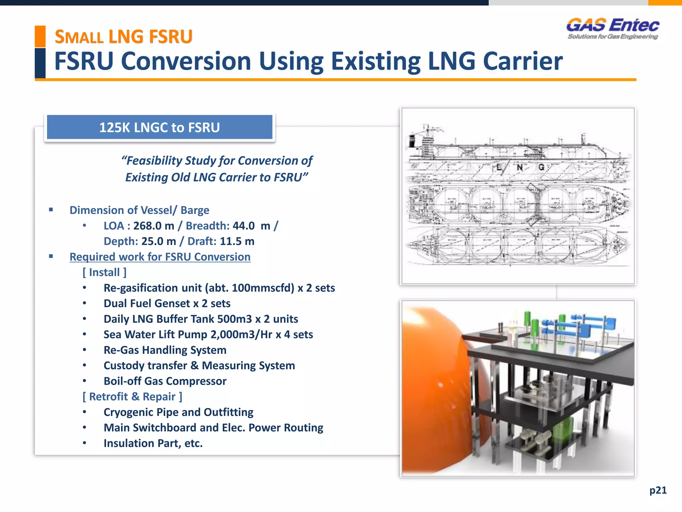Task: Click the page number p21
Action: pyautogui.click(x=658, y=490)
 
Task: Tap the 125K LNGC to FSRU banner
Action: pyautogui.click(x=160, y=127)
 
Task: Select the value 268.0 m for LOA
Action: pyautogui.click(x=154, y=226)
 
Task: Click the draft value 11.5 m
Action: pyautogui.click(x=237, y=241)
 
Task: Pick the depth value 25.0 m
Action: pyautogui.click(x=159, y=241)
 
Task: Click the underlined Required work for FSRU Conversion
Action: pyautogui.click(x=160, y=257)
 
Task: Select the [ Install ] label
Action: pyautogui.click(x=104, y=272)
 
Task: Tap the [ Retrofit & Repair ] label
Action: pyautogui.click(x=132, y=396)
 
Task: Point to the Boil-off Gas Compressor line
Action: pyautogui.click(x=165, y=381)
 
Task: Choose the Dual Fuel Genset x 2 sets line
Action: pyautogui.click(x=167, y=303)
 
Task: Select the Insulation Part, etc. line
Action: pyautogui.click(x=153, y=443)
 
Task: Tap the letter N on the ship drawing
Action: pyautogui.click(x=519, y=167)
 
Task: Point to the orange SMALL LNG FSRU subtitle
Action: pyautogui.click(x=124, y=37)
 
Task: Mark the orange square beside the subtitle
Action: pyautogui.click(x=40, y=36)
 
